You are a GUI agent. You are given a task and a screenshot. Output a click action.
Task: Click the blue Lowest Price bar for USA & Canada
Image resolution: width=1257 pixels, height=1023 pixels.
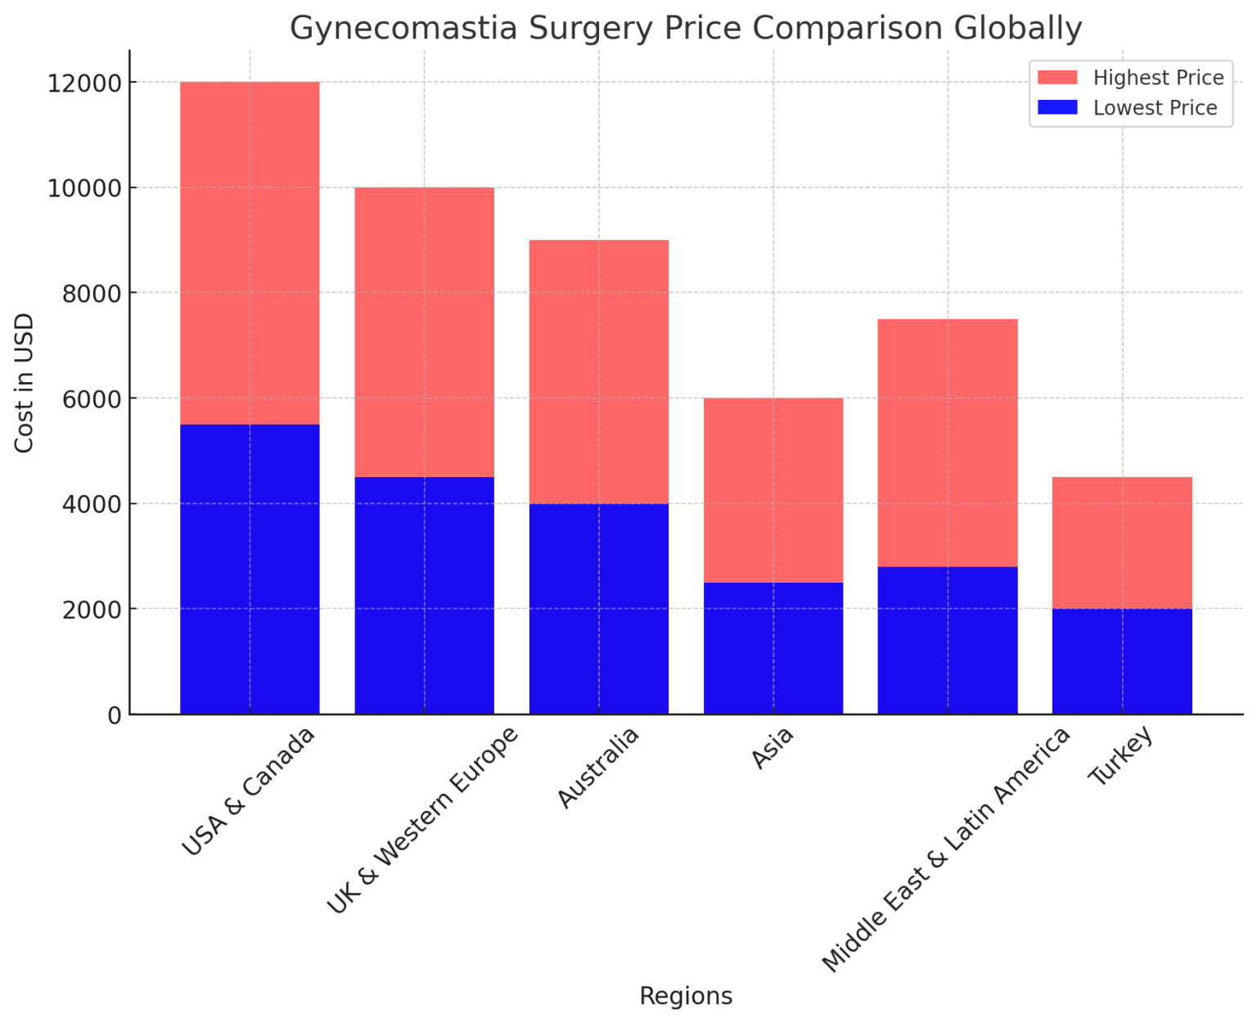(x=250, y=569)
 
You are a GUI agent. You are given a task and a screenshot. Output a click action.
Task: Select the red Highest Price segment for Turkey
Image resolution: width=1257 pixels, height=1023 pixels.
(x=1122, y=543)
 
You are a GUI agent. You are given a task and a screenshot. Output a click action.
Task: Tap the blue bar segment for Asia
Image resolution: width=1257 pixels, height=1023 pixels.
(x=773, y=648)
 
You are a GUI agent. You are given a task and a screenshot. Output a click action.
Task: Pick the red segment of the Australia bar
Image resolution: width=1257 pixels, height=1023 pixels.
(x=599, y=372)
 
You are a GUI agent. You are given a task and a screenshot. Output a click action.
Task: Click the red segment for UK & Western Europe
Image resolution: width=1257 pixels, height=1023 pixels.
(x=424, y=332)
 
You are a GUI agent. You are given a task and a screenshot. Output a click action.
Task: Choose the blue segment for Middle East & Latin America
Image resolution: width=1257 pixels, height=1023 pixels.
(x=948, y=640)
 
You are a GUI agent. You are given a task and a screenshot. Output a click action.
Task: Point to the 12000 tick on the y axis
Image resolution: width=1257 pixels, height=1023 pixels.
(x=85, y=83)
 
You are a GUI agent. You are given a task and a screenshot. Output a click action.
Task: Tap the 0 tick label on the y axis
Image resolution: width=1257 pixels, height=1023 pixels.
(x=115, y=715)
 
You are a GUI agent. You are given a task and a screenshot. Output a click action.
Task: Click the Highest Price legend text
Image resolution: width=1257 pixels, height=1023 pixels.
(x=1158, y=78)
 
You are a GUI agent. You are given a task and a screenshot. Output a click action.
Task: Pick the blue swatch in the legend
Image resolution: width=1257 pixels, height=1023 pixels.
(x=1057, y=108)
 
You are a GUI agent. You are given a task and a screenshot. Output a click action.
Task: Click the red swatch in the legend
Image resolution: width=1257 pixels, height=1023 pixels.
(x=1057, y=78)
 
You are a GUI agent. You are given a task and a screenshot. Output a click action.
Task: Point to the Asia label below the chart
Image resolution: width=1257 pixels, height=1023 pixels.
(x=773, y=748)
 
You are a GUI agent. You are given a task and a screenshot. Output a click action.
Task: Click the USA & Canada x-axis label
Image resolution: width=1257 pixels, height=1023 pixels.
(x=248, y=791)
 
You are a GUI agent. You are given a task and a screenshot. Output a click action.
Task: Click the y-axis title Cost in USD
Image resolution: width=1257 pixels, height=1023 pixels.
(x=25, y=382)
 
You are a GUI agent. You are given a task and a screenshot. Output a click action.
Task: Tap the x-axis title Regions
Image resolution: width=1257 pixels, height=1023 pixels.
(x=686, y=996)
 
